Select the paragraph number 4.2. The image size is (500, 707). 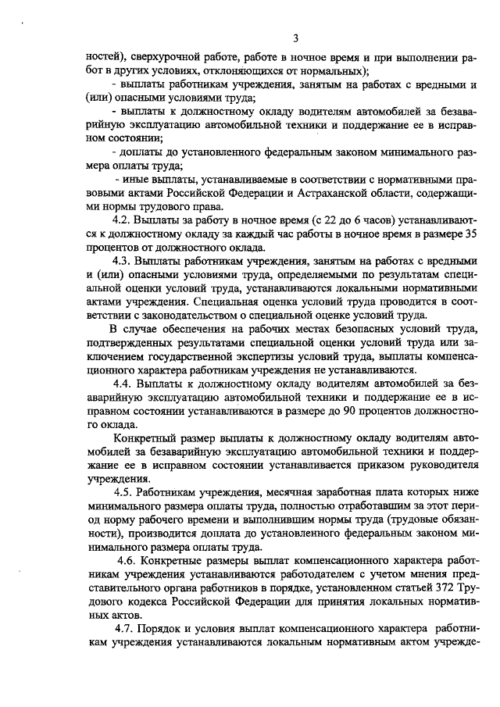pyautogui.click(x=123, y=221)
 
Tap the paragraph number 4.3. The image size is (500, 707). pyautogui.click(x=123, y=260)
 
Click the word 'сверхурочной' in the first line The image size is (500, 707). pyautogui.click(x=162, y=58)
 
